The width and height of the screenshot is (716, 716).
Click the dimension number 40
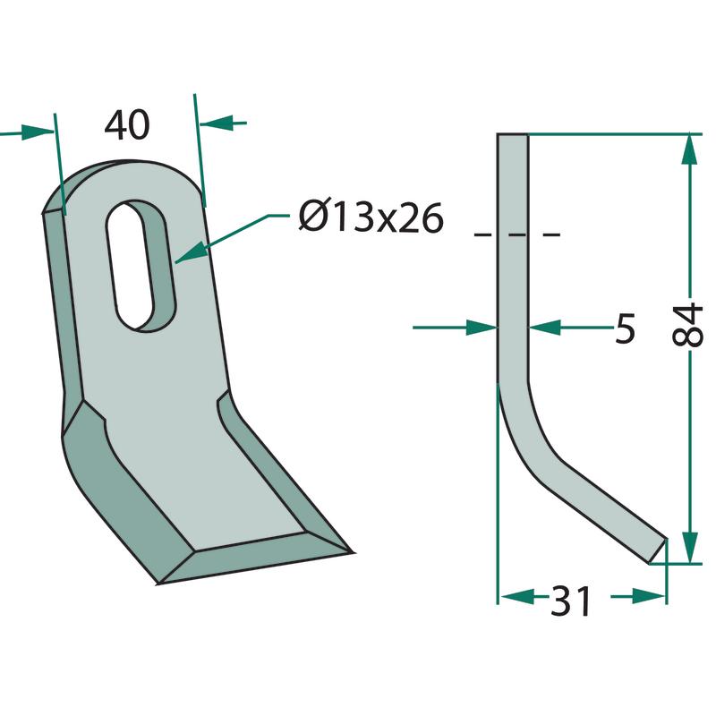point(127,124)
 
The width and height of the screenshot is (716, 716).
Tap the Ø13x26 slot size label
point(371,217)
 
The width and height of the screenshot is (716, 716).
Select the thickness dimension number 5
point(625,328)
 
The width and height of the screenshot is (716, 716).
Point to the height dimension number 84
point(687,325)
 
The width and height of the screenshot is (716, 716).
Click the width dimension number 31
point(570,601)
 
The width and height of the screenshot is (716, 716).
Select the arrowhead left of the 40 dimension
point(38,132)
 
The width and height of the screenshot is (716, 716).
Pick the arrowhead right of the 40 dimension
point(217,123)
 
